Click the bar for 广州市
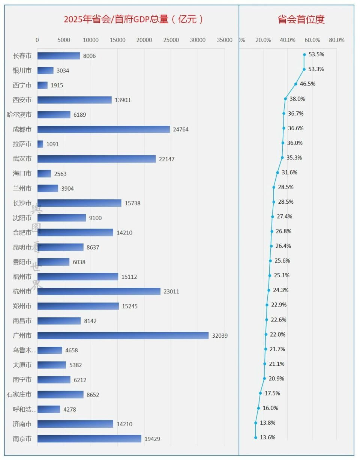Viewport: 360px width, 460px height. (x=123, y=335)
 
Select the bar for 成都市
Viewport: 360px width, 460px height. (x=103, y=129)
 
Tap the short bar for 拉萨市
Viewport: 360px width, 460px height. (x=40, y=144)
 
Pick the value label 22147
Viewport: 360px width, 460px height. (x=166, y=159)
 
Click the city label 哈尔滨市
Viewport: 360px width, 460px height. (x=19, y=115)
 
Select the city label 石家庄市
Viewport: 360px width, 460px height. (x=19, y=394)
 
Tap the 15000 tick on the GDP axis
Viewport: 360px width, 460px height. (x=117, y=40)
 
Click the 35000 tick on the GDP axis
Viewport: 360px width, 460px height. (x=225, y=40)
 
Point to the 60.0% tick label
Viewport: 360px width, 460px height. (x=312, y=40)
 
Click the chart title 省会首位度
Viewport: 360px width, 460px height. (x=301, y=20)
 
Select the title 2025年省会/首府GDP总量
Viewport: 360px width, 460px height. (x=133, y=20)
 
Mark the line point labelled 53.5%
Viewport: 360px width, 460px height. (x=304, y=54)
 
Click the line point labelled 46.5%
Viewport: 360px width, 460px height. (x=295, y=84)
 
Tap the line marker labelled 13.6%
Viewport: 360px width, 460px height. (x=256, y=437)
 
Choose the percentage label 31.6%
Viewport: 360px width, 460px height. (x=289, y=172)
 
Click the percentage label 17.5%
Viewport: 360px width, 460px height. (x=272, y=393)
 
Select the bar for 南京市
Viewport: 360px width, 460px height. (x=89, y=439)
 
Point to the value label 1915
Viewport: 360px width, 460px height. (x=57, y=86)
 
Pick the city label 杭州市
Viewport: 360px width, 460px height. (x=22, y=292)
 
